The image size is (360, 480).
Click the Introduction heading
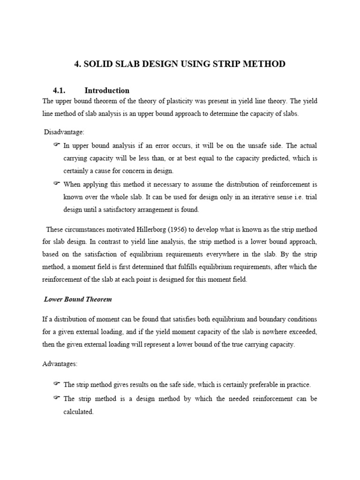107,90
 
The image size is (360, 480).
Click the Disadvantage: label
64,133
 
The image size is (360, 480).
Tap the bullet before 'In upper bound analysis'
56,145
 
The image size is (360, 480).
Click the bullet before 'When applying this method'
56,183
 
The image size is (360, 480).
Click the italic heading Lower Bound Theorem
78,299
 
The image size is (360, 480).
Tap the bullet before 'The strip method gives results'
56,384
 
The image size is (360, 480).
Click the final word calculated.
79,412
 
